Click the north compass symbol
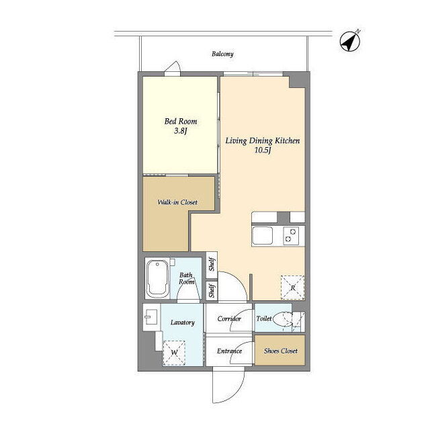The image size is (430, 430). pyautogui.click(x=349, y=42)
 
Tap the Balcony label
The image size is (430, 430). pyautogui.click(x=222, y=54)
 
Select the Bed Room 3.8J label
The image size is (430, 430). pyautogui.click(x=181, y=126)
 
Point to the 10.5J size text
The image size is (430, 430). pyautogui.click(x=263, y=150)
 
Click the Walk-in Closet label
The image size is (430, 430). pyautogui.click(x=177, y=202)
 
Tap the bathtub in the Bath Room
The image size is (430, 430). pyautogui.click(x=157, y=279)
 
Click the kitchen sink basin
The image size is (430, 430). pyautogui.click(x=263, y=236)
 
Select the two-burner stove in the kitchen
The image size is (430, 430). pyautogui.click(x=291, y=236)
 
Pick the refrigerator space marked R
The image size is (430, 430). pyautogui.click(x=293, y=288)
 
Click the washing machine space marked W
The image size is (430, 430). pyautogui.click(x=174, y=353)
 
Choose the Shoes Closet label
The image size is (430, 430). pyautogui.click(x=281, y=351)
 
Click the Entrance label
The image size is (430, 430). pyautogui.click(x=229, y=351)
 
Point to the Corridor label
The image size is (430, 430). pyautogui.click(x=229, y=318)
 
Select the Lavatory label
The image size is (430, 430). pyautogui.click(x=182, y=322)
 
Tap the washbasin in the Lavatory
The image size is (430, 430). pyautogui.click(x=151, y=316)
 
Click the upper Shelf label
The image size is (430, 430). pyautogui.click(x=212, y=265)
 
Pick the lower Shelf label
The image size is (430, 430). pyautogui.click(x=212, y=291)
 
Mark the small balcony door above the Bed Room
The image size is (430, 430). pyautogui.click(x=173, y=69)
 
